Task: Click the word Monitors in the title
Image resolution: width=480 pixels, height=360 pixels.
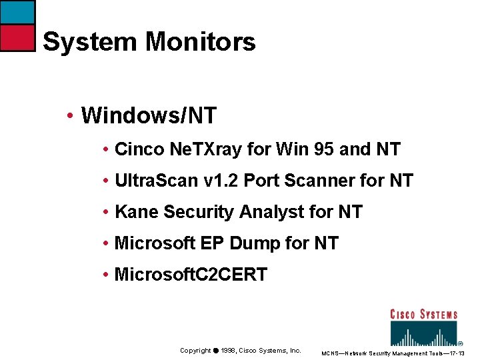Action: (x=200, y=42)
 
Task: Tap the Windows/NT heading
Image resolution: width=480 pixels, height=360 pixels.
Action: (x=148, y=115)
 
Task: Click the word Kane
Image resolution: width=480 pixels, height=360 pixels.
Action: (x=136, y=212)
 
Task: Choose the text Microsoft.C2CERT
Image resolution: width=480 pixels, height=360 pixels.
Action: (x=191, y=274)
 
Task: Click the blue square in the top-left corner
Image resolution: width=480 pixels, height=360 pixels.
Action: (x=17, y=12)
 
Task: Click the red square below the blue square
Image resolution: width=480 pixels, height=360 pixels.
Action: (x=17, y=38)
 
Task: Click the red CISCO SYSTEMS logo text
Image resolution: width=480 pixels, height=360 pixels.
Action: (x=423, y=314)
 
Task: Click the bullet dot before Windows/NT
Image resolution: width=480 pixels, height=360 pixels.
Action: (x=70, y=116)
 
